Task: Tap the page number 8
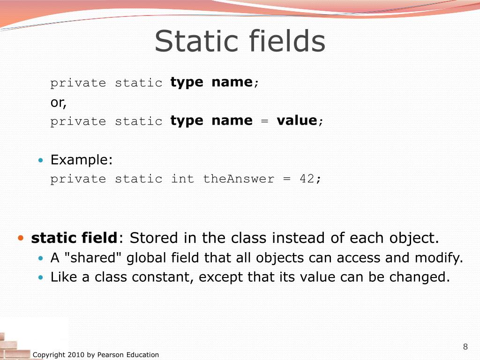click(465, 347)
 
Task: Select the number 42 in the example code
click(307, 179)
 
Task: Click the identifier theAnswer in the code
click(239, 179)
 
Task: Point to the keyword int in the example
click(182, 179)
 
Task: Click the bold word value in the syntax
click(297, 121)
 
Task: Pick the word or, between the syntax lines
click(59, 103)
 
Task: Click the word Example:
click(82, 160)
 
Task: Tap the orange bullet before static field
click(21, 238)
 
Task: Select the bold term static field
click(74, 238)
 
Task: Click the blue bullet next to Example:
click(41, 161)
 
